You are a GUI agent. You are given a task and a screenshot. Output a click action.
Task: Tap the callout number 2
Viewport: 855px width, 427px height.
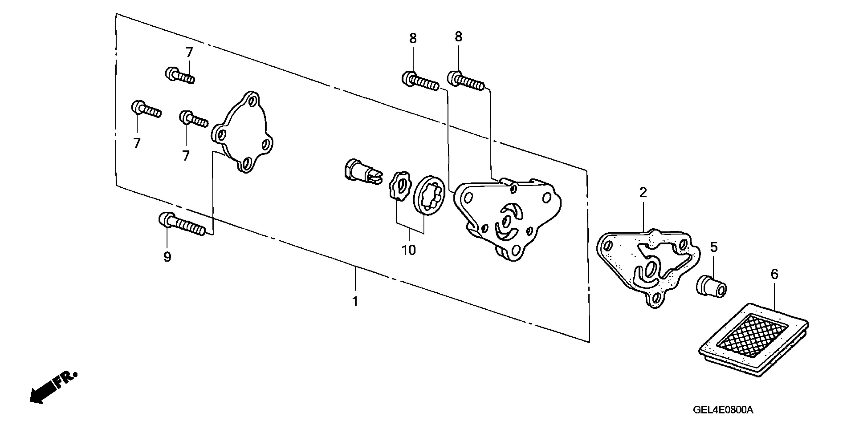coord(643,192)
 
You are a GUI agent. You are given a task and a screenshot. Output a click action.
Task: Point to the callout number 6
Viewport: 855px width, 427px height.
coord(774,274)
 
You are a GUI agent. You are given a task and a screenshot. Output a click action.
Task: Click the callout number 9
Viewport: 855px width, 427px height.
coord(167,256)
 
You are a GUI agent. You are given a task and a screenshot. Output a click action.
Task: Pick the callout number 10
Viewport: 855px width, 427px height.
coord(409,250)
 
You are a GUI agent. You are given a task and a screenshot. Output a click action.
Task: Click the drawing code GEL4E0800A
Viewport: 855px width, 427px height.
coord(723,410)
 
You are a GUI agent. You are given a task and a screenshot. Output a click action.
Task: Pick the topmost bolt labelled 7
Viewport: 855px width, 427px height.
coord(180,76)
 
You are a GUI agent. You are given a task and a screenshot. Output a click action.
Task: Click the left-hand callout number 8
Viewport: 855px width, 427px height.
coord(413,38)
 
